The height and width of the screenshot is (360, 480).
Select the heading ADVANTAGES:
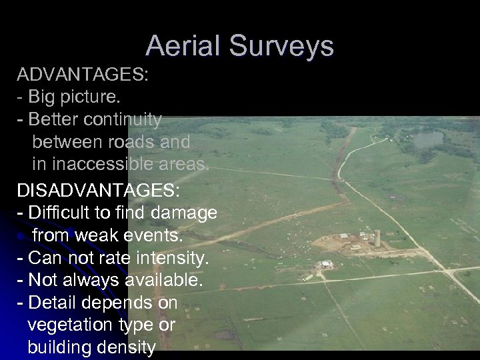pos(83,74)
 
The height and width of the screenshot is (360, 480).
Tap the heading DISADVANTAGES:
pos(98,190)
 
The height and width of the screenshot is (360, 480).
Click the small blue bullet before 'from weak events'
pos(21,237)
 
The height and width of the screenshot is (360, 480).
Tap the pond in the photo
pos(427,139)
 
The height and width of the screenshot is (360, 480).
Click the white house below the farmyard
pos(325,264)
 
